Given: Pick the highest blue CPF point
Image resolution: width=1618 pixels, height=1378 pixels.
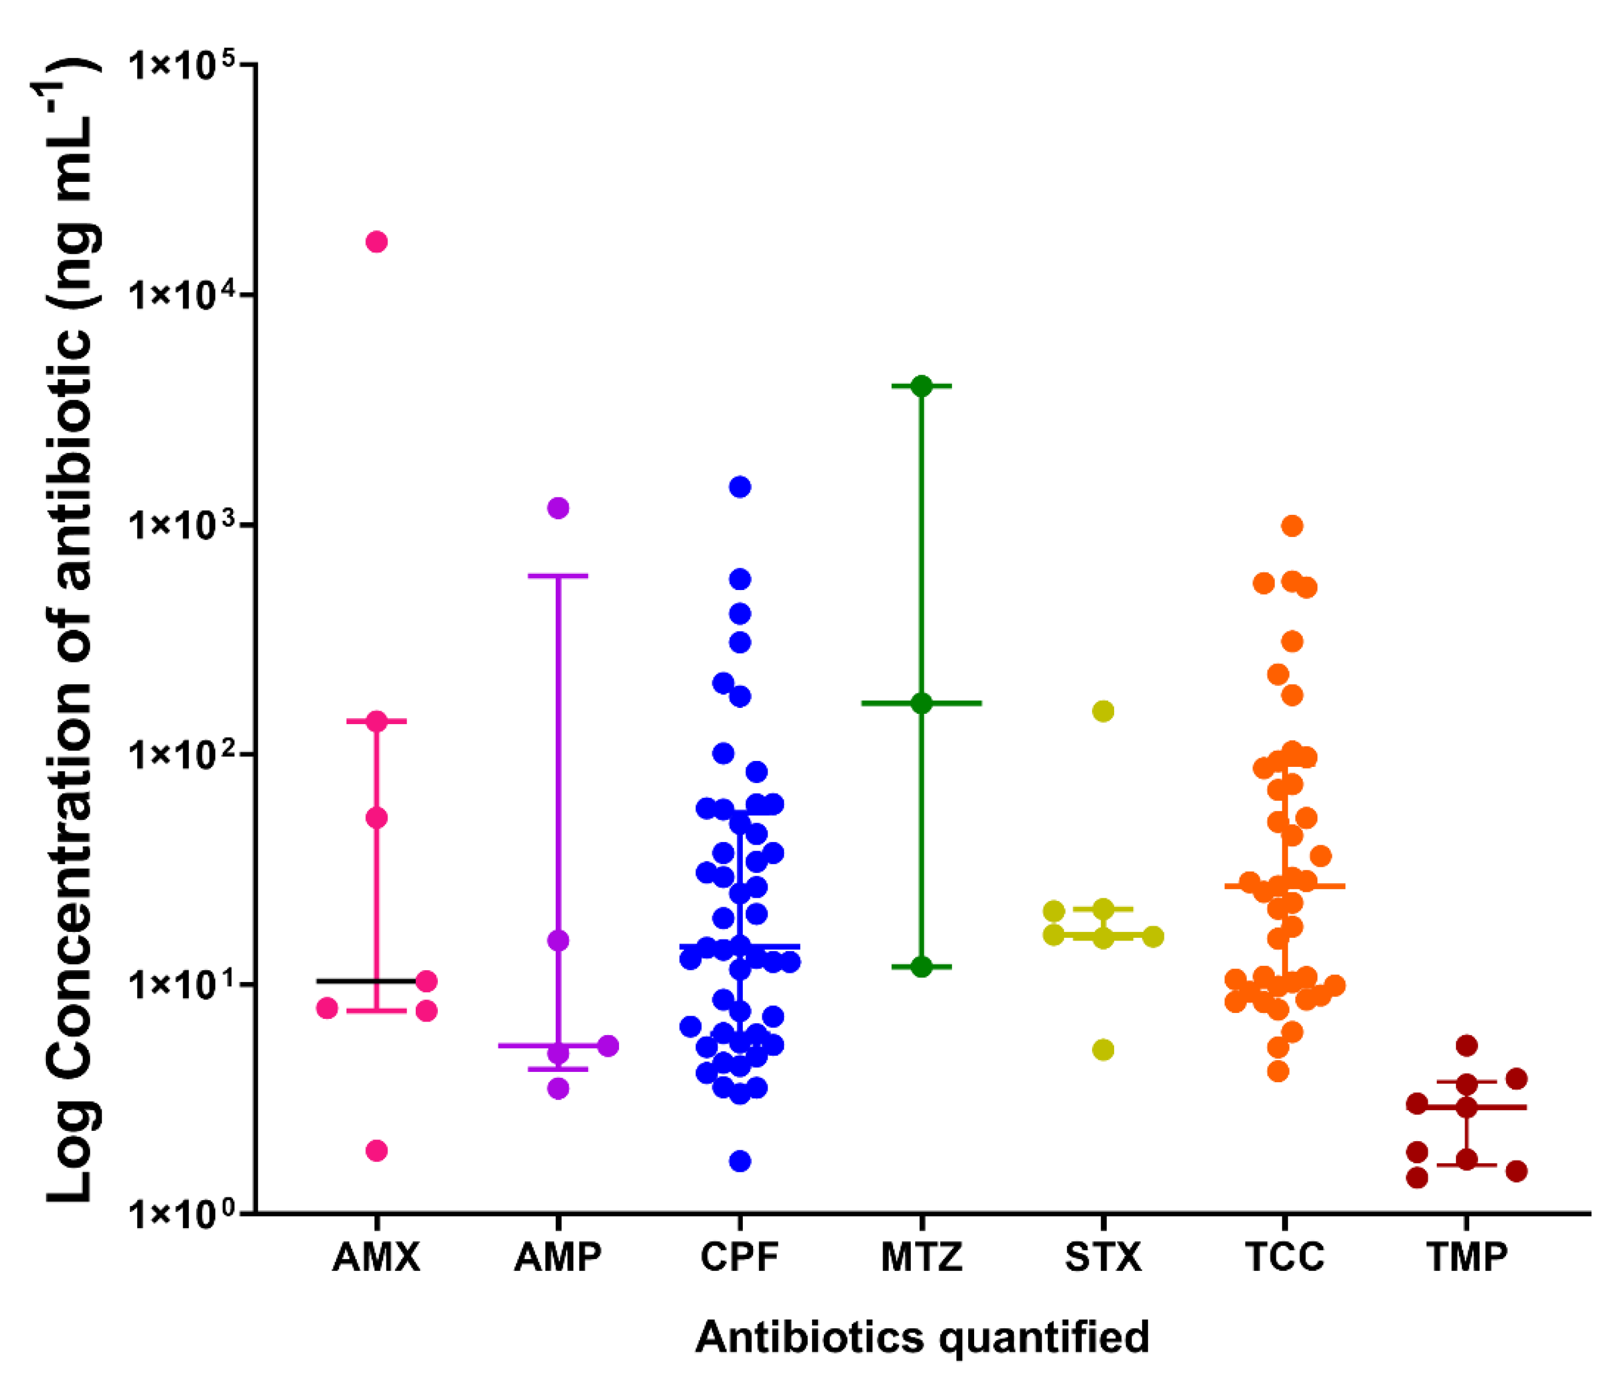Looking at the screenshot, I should point(740,487).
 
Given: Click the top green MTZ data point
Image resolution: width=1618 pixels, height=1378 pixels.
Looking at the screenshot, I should point(922,386).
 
